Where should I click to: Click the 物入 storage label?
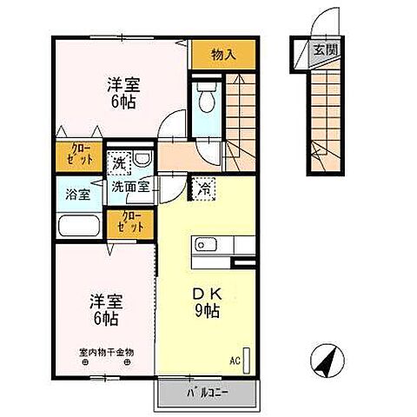[224, 55]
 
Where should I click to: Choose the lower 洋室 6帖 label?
[106, 310]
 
